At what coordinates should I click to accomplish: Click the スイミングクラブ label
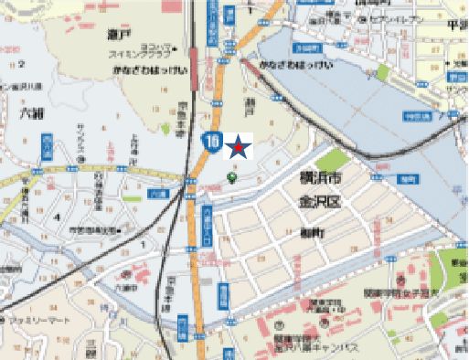(x=137, y=54)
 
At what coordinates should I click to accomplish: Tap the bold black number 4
(x=57, y=217)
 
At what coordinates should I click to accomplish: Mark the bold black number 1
(x=143, y=244)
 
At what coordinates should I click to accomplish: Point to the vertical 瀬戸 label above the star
(x=247, y=110)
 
